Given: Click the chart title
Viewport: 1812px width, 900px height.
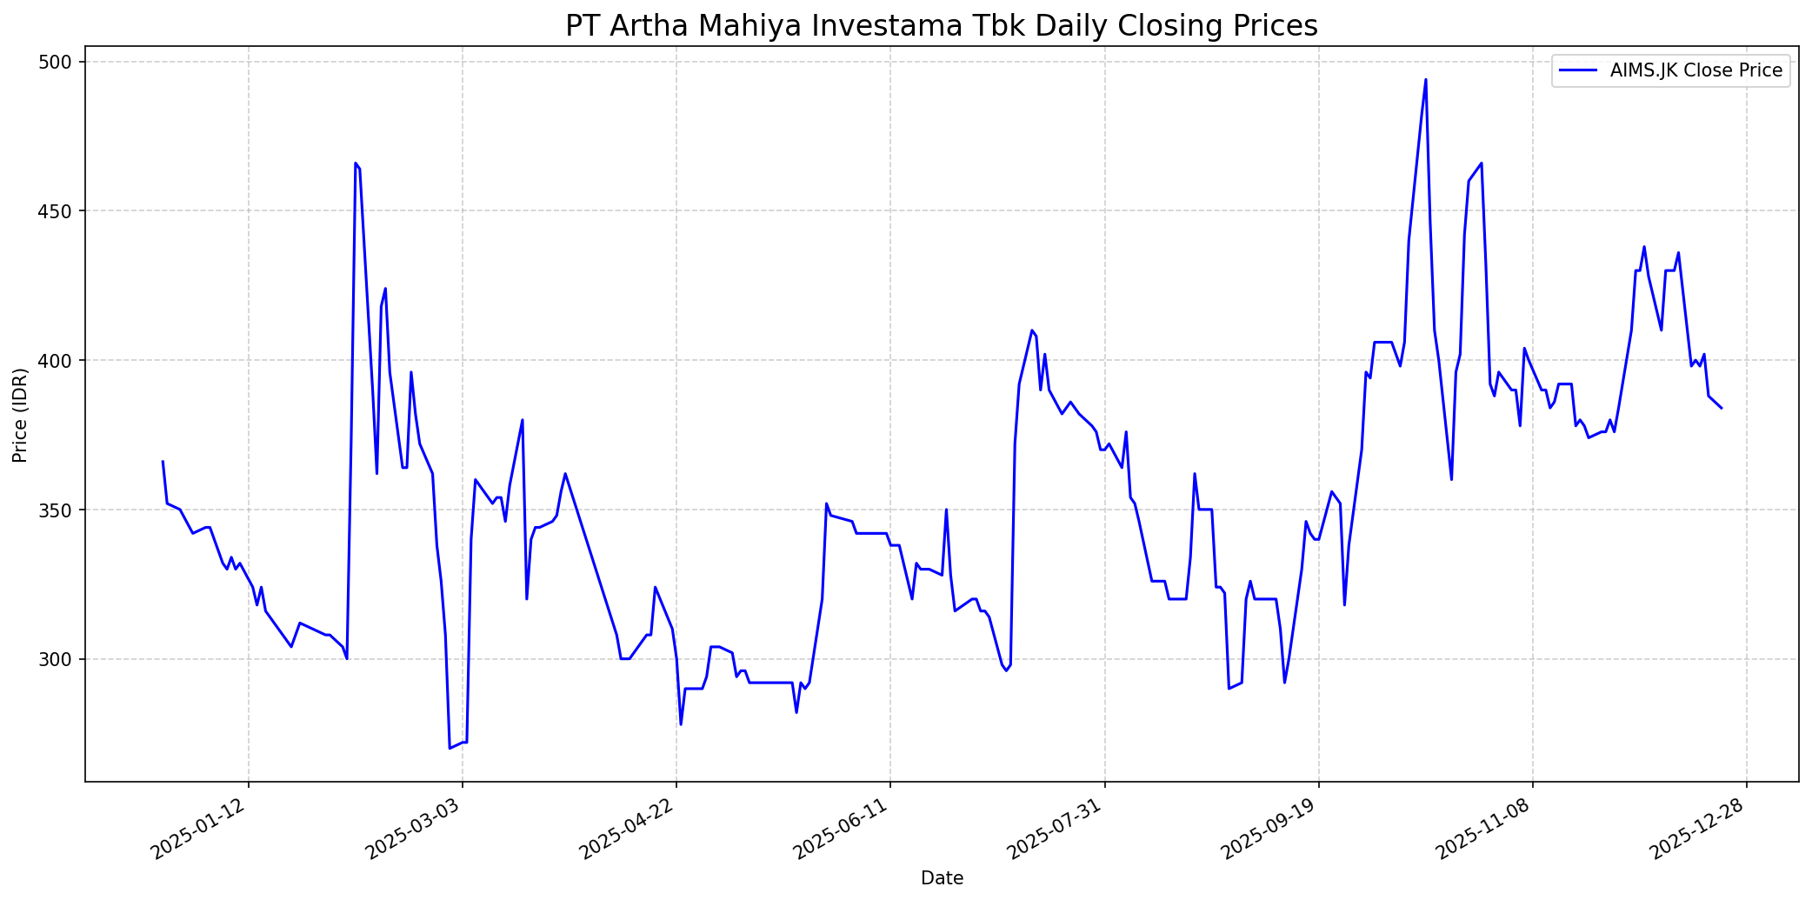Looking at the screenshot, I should pyautogui.click(x=941, y=25).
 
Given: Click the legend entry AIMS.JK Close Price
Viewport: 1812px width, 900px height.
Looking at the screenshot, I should pyautogui.click(x=1695, y=70).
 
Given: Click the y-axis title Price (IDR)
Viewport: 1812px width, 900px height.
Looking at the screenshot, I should pyautogui.click(x=20, y=415).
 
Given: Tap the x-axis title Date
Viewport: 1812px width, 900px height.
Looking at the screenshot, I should pyautogui.click(x=942, y=878).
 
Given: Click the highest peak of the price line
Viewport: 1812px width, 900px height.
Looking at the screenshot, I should pyautogui.click(x=1425, y=80).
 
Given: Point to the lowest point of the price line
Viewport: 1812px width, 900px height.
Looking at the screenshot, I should pyautogui.click(x=450, y=748).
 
